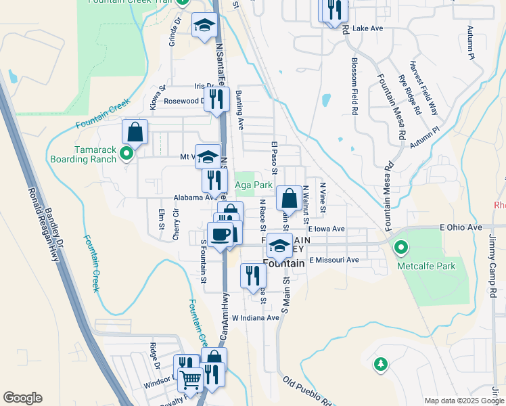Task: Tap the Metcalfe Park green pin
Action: pos(401,248)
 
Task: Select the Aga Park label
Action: pos(253,185)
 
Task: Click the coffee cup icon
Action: pos(221,234)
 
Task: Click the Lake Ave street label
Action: pos(367,28)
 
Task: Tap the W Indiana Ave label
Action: pos(256,317)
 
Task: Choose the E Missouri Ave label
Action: pos(334,260)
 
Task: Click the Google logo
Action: pos(22,398)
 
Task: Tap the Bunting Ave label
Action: pos(239,113)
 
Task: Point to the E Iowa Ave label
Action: pos(326,229)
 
